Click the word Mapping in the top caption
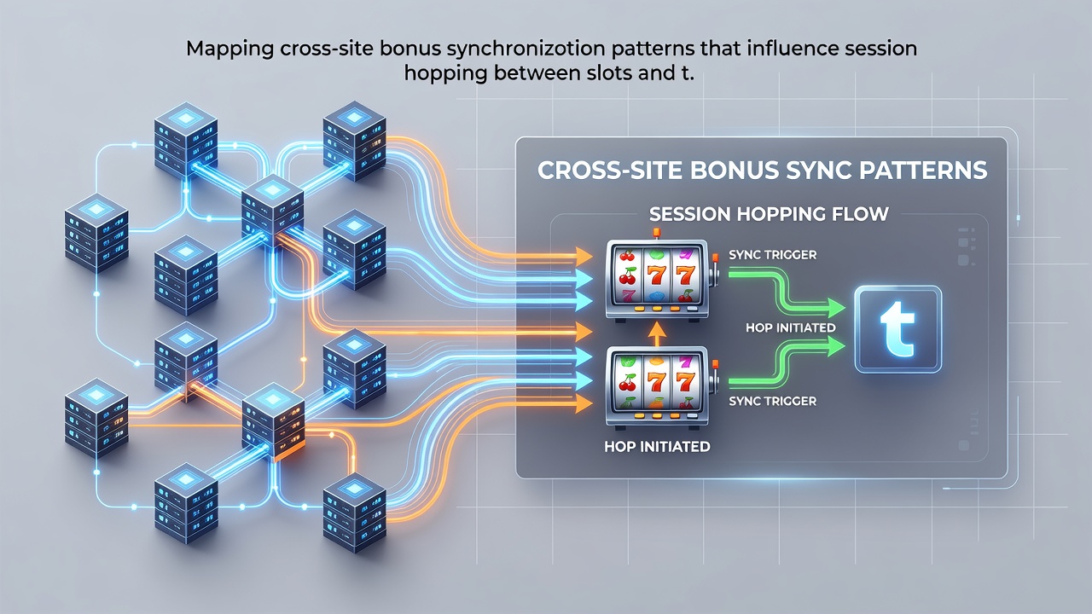[230, 49]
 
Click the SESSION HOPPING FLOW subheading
[769, 214]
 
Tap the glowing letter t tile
[898, 329]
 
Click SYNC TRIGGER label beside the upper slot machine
[773, 255]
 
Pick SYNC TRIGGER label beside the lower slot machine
[773, 401]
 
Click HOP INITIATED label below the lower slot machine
[657, 446]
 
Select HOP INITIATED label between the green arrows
[791, 327]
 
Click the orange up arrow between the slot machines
[657, 334]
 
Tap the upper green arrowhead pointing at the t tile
[835, 309]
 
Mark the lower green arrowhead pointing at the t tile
[835, 346]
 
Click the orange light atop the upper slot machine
[656, 233]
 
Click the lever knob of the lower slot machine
[715, 364]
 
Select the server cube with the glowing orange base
[274, 422]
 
